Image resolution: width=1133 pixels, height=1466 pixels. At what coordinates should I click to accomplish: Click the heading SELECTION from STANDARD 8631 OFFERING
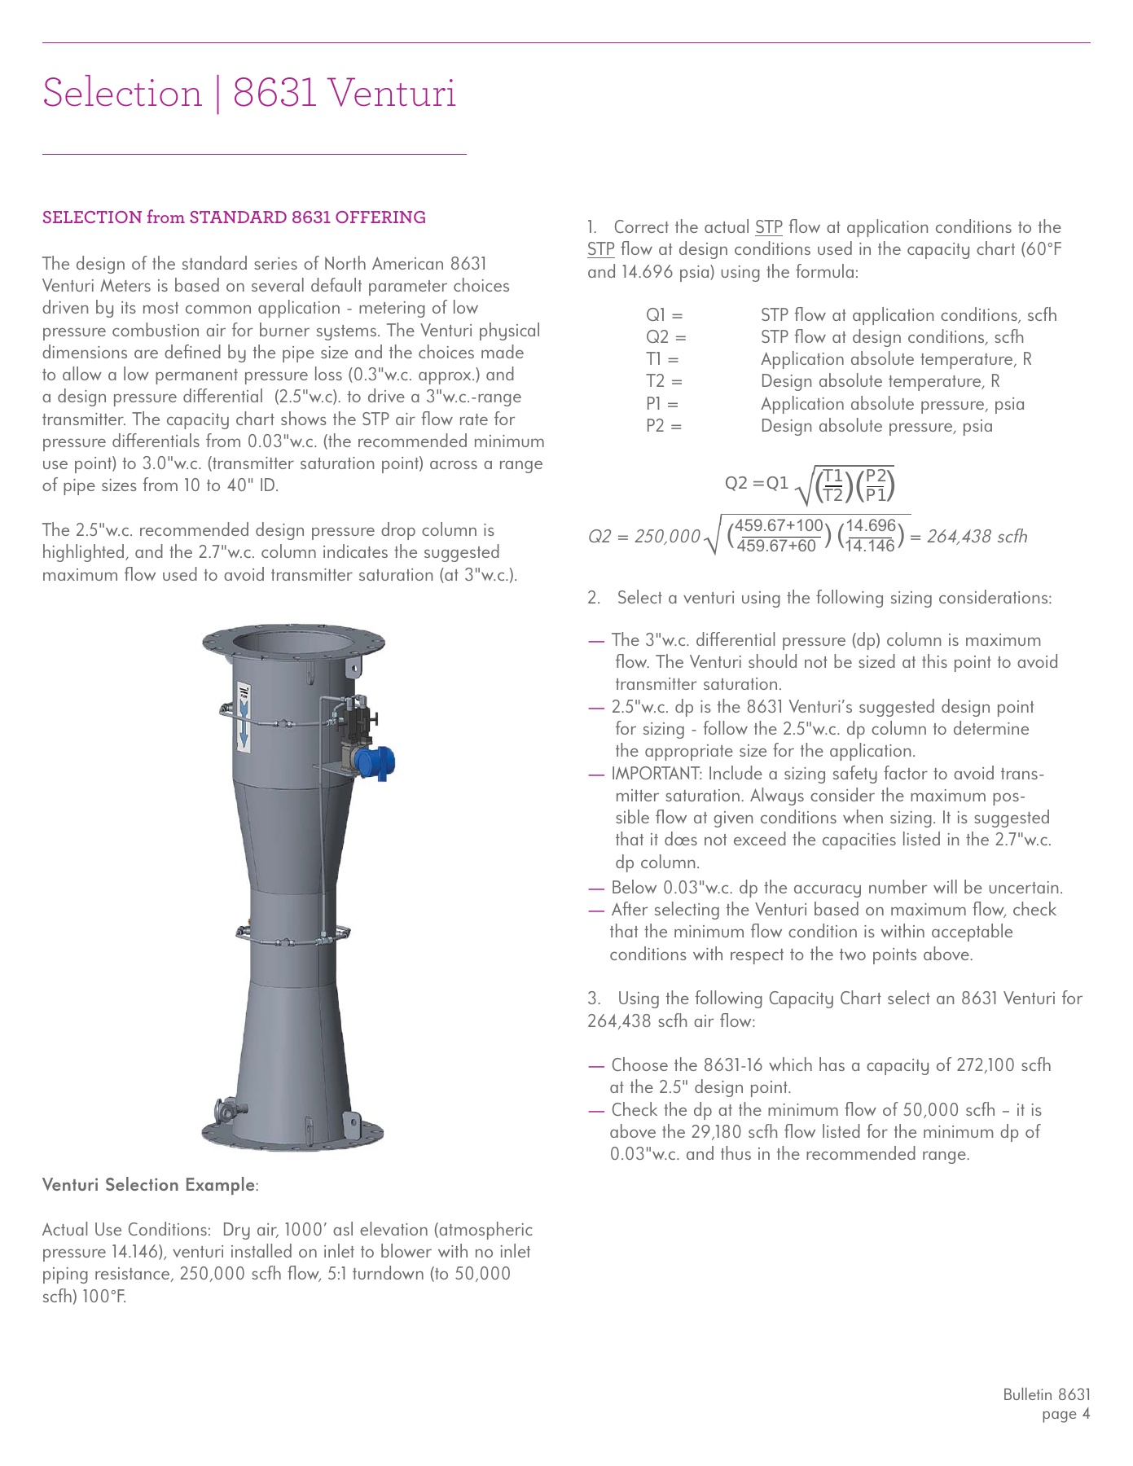pyautogui.click(x=234, y=217)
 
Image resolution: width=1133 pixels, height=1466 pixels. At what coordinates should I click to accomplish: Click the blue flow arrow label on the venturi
pyautogui.click(x=243, y=718)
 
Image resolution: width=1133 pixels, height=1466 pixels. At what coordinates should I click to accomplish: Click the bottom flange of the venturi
pyautogui.click(x=292, y=1134)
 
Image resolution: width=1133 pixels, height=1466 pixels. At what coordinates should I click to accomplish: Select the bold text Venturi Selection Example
pyautogui.click(x=149, y=1185)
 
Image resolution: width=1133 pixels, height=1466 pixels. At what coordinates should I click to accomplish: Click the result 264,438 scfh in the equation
pyautogui.click(x=977, y=537)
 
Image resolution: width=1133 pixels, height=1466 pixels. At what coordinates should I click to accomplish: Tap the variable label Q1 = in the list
pyautogui.click(x=664, y=315)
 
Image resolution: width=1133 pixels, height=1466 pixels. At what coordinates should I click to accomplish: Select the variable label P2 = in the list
pyautogui.click(x=664, y=426)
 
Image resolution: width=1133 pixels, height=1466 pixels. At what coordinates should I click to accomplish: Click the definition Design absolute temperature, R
pyautogui.click(x=880, y=381)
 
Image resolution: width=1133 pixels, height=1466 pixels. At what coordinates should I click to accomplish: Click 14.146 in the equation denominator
pyautogui.click(x=870, y=546)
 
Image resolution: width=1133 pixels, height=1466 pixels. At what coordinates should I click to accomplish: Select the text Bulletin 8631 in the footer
pyautogui.click(x=1046, y=1394)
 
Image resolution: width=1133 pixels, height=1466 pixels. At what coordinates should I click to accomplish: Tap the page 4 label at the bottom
pyautogui.click(x=1065, y=1414)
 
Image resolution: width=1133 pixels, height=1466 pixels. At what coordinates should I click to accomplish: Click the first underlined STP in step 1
pyautogui.click(x=768, y=227)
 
